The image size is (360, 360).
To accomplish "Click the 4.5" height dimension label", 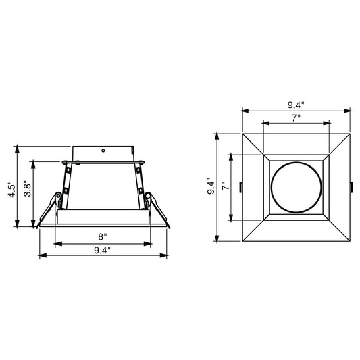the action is point(11,189).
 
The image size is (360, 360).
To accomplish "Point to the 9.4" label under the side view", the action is point(102,251).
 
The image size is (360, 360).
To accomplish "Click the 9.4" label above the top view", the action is point(296,105).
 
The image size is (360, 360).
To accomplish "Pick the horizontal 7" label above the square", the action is point(297,118).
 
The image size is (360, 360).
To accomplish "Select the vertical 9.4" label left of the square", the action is point(211,186).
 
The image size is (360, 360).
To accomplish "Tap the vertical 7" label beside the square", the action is point(226,186).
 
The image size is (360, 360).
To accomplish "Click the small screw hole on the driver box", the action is point(103,151).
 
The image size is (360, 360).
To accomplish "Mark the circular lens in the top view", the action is point(297,187).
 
